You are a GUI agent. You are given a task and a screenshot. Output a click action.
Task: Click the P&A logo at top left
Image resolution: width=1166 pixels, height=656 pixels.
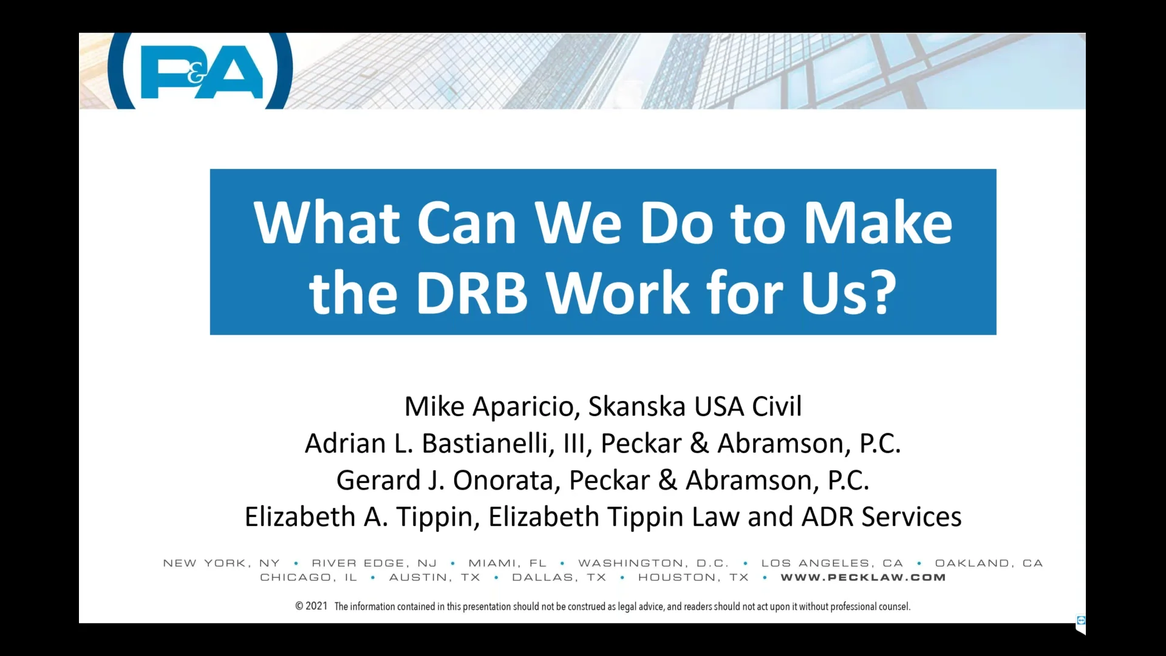(x=201, y=72)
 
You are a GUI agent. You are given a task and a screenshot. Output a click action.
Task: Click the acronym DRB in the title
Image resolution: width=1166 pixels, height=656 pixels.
(x=471, y=293)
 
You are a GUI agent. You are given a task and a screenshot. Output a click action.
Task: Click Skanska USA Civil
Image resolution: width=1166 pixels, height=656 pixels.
(x=695, y=406)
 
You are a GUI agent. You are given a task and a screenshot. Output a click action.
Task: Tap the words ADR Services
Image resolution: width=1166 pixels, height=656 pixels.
(x=881, y=517)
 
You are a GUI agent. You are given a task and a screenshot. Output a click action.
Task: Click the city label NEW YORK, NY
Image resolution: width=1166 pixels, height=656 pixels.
(x=222, y=563)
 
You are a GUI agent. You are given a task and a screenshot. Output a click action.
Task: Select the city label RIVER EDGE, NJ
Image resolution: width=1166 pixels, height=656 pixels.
(x=374, y=563)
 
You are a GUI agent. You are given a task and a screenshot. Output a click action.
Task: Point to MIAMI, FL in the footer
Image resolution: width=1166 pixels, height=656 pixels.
(x=507, y=563)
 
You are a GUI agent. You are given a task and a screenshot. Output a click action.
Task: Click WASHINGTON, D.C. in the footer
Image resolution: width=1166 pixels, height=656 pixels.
(x=653, y=563)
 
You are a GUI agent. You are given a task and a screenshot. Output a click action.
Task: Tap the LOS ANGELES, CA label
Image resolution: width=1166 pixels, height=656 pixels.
(x=832, y=563)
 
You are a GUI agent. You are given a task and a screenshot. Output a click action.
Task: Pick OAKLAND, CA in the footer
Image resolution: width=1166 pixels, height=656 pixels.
(x=989, y=563)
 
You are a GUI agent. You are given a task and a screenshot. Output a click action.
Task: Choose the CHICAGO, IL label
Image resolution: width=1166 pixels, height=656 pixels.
(x=309, y=578)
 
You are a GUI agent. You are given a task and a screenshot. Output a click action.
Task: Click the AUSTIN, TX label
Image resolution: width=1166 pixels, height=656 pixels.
(x=434, y=578)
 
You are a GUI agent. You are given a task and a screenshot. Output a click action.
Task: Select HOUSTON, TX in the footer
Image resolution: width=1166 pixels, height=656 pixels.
(x=693, y=578)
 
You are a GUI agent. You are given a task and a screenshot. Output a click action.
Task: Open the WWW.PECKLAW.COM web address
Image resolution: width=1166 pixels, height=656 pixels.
(x=863, y=578)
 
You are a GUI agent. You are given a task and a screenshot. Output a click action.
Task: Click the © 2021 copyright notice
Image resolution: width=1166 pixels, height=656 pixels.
(x=311, y=606)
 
